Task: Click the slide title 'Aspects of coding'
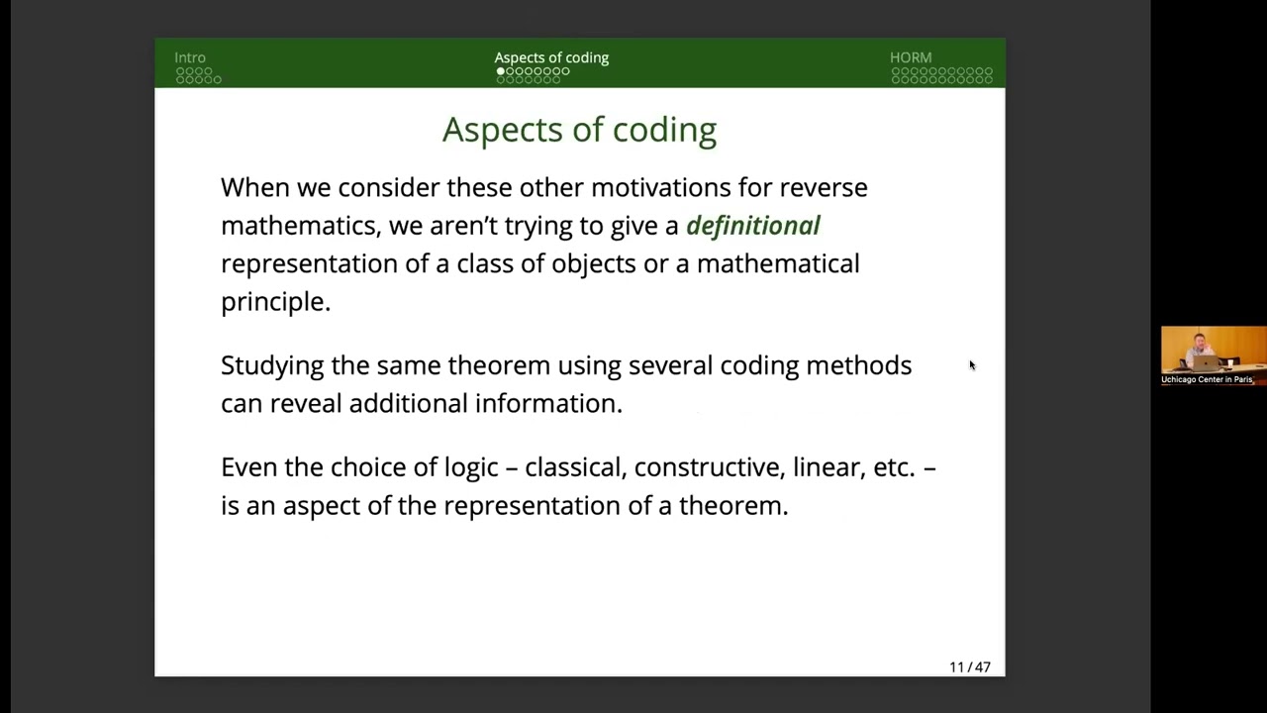click(x=579, y=130)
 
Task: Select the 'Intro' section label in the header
click(x=190, y=57)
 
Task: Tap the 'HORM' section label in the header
click(x=911, y=57)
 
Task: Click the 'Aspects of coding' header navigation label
click(x=551, y=57)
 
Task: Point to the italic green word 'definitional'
click(x=752, y=226)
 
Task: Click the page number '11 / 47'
click(x=969, y=666)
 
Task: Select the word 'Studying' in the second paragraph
click(x=272, y=366)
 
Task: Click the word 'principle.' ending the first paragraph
click(x=275, y=302)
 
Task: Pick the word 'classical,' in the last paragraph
click(x=575, y=467)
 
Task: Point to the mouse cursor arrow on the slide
click(x=971, y=365)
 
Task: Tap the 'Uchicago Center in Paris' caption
click(x=1207, y=379)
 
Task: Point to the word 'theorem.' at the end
click(x=733, y=506)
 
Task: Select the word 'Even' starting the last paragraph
click(x=248, y=467)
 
